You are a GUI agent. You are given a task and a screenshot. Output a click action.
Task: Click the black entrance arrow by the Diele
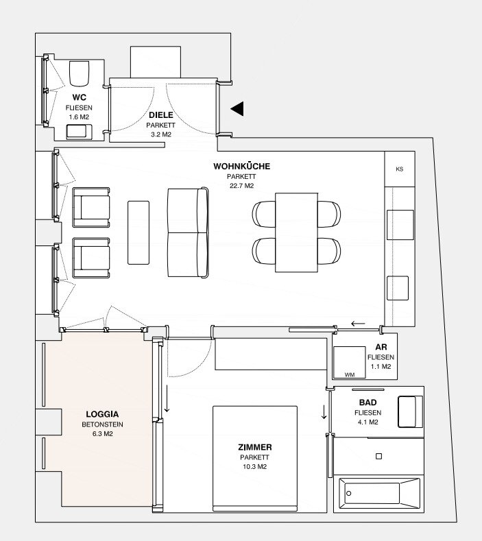click(x=237, y=109)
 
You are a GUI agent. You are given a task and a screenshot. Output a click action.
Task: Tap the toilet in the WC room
click(x=79, y=73)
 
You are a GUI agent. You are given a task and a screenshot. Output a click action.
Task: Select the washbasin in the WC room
click(x=79, y=132)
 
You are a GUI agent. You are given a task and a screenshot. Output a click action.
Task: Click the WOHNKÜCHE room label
click(x=241, y=167)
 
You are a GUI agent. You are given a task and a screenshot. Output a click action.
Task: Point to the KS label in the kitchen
click(x=400, y=169)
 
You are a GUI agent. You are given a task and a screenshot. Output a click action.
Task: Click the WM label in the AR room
click(x=350, y=374)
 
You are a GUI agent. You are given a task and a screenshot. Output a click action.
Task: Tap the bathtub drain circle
click(x=348, y=494)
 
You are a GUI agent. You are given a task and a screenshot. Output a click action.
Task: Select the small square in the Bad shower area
click(x=378, y=456)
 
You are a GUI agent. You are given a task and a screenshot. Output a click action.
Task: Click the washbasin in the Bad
click(x=410, y=411)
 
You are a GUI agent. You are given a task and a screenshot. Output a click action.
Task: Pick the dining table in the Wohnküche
click(x=296, y=232)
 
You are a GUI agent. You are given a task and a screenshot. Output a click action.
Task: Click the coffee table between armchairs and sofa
click(x=138, y=233)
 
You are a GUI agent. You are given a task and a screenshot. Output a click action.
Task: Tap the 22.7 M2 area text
click(x=241, y=186)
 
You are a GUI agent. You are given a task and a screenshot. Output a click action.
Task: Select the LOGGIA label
click(x=102, y=414)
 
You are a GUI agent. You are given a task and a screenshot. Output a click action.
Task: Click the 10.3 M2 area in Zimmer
click(x=254, y=466)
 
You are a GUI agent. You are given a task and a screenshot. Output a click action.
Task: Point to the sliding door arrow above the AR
click(x=358, y=324)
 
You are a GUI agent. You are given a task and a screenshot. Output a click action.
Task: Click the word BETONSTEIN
click(x=102, y=424)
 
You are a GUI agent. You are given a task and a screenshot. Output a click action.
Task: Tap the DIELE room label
click(x=161, y=115)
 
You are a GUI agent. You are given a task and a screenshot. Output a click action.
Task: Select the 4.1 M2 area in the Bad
click(x=367, y=422)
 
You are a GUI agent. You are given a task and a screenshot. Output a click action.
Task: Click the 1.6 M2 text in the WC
click(x=79, y=117)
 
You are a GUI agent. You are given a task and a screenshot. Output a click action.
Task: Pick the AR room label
click(x=381, y=347)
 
